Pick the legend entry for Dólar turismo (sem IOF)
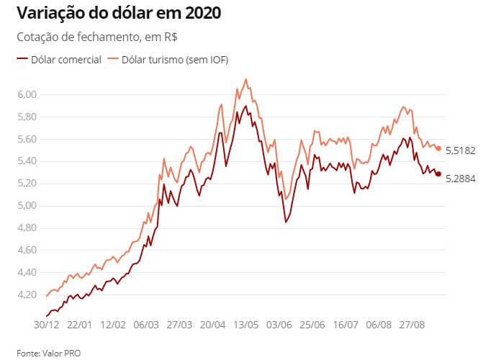click(x=168, y=59)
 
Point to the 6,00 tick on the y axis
click(x=27, y=94)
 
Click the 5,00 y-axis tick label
click(x=27, y=206)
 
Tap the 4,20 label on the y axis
click(x=27, y=294)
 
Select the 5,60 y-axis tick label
click(x=27, y=139)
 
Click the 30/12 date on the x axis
click(x=48, y=325)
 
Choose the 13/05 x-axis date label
click(x=246, y=325)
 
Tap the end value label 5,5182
click(x=461, y=151)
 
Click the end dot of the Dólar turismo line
click(x=438, y=148)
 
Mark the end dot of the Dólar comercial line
click(x=438, y=174)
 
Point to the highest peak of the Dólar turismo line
click(x=246, y=79)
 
